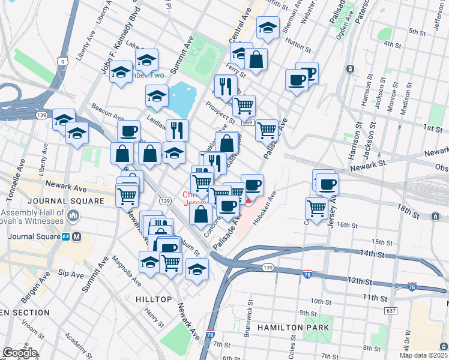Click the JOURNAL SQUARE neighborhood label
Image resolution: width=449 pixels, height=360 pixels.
[53, 200]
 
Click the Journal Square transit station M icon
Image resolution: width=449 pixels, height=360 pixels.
[76, 236]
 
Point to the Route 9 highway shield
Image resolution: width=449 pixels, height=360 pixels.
[62, 61]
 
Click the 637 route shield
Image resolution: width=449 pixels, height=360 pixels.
[391, 311]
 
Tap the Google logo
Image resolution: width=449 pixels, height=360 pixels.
[20, 353]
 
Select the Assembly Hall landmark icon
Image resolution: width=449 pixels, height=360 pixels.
[74, 215]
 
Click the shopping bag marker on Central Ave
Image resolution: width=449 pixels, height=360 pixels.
[256, 60]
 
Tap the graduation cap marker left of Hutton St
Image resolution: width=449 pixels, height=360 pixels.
[268, 28]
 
